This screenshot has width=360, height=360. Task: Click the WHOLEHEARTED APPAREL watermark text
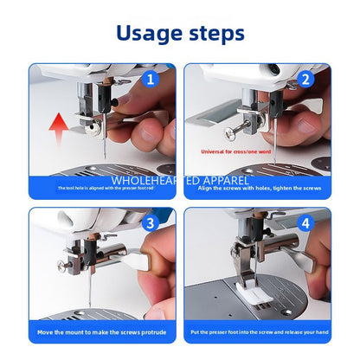coord(180,181)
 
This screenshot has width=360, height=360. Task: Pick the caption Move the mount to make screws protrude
coord(101,331)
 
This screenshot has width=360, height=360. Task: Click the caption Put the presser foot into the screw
coord(257,331)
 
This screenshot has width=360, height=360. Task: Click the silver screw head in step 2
coord(232,132)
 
